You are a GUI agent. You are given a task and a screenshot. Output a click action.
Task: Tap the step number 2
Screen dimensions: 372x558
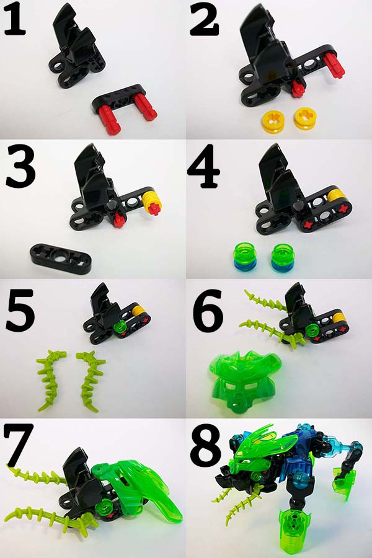tap(204, 20)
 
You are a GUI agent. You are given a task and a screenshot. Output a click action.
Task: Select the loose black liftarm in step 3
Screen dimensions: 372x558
tap(61, 258)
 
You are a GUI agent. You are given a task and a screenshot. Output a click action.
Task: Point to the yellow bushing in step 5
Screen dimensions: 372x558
tap(138, 311)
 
